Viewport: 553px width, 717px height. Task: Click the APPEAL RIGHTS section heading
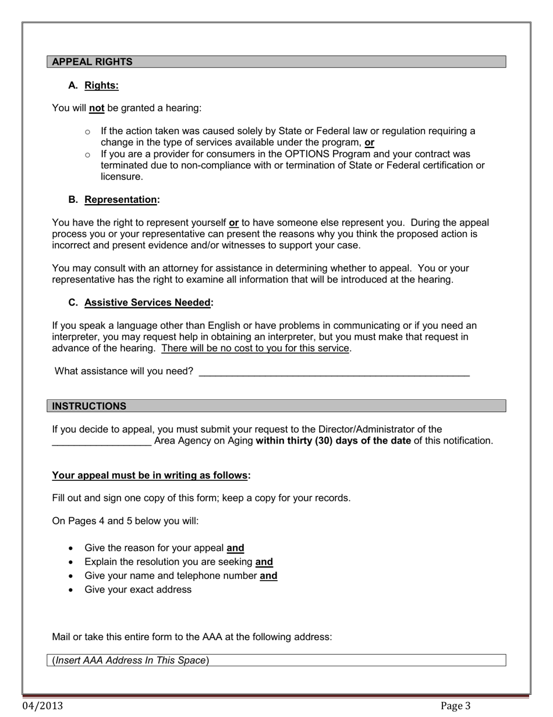click(92, 62)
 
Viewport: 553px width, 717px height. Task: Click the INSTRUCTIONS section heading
click(88, 406)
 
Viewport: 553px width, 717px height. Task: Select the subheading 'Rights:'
click(101, 86)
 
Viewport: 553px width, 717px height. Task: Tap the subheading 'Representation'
click(120, 199)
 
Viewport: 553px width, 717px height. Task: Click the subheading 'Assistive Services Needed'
click(147, 303)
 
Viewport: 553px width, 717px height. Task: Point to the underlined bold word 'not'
click(97, 108)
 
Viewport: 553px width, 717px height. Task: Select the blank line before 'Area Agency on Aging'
click(102, 441)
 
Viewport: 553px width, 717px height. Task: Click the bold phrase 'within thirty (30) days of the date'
click(333, 441)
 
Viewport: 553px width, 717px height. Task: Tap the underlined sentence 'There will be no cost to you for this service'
click(255, 349)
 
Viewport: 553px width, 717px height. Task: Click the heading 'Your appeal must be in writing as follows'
click(150, 475)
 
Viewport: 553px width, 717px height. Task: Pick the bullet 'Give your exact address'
click(138, 589)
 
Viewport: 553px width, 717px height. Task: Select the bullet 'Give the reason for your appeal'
click(154, 548)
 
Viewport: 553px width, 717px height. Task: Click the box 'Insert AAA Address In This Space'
click(276, 660)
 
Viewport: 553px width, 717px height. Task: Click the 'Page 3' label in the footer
click(455, 706)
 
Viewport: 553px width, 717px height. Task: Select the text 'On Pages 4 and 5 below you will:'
click(125, 521)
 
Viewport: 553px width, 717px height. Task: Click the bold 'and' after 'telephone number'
click(268, 576)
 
